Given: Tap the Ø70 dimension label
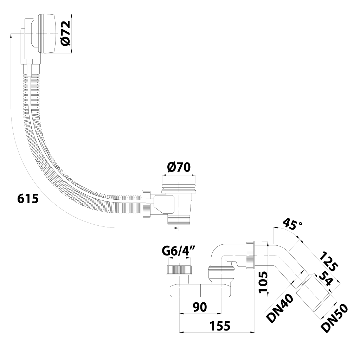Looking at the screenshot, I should pyautogui.click(x=179, y=167).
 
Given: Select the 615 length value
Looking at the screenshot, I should pyautogui.click(x=28, y=199).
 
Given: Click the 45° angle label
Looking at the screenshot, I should pyautogui.click(x=292, y=224).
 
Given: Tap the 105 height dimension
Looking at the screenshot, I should pyautogui.click(x=263, y=283).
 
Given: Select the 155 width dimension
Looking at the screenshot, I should pyautogui.click(x=220, y=326).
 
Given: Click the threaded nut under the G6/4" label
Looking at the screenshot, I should pyautogui.click(x=179, y=270).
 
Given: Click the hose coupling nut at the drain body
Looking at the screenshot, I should pyautogui.click(x=146, y=204).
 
